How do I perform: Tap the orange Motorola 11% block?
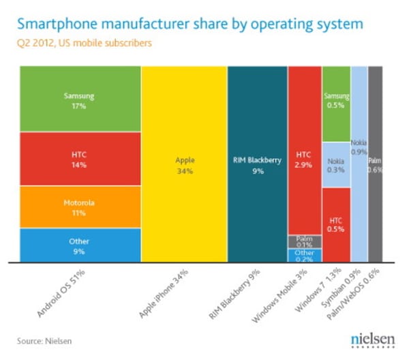click(80, 207)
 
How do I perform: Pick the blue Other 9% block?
click(80, 245)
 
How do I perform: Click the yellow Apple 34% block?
click(184, 164)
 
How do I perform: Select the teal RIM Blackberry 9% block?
click(256, 164)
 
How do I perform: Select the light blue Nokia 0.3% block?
click(336, 164)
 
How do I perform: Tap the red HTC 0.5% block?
click(336, 225)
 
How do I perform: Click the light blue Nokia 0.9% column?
click(359, 164)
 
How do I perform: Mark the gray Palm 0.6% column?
click(375, 164)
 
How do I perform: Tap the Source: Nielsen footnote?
click(46, 339)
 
